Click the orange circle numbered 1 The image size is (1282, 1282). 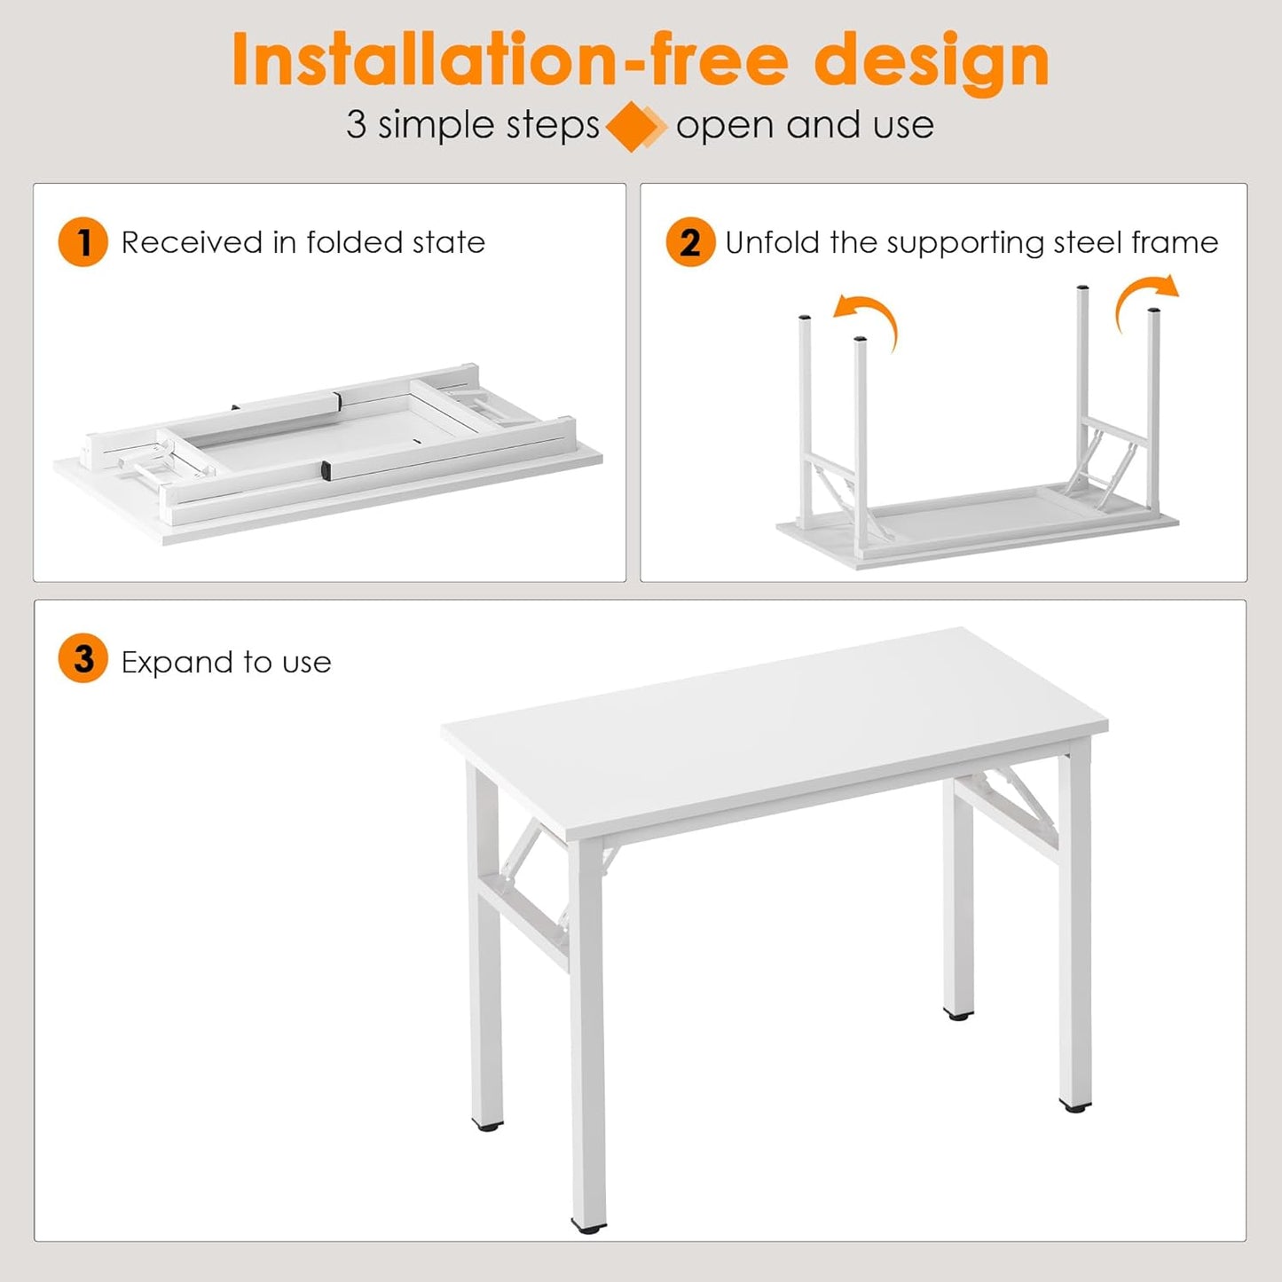[x=83, y=242]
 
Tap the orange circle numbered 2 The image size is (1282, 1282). [x=690, y=242]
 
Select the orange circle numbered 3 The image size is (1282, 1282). [x=83, y=659]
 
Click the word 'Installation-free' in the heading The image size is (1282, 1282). [x=510, y=60]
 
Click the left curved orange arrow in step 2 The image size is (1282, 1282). [x=869, y=319]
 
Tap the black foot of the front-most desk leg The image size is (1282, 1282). [x=588, y=1227]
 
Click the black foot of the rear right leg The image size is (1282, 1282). [x=957, y=1013]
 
